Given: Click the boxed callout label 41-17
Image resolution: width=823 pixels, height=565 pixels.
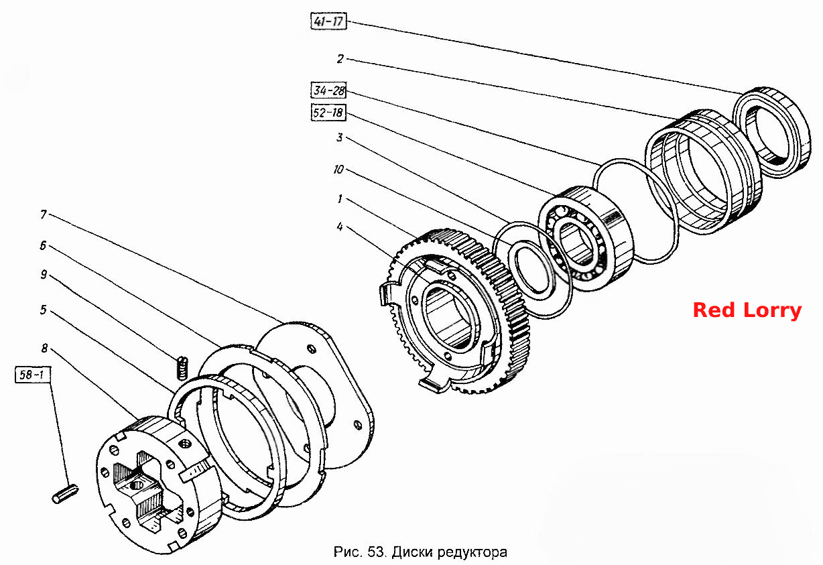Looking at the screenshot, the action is pos(328,21).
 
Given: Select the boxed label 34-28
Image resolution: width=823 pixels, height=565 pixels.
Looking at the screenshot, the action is pos(328,90).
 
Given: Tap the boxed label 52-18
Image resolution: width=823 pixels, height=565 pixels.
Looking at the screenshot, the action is pos(328,112).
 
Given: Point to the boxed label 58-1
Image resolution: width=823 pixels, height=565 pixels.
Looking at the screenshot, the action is pos(33,375).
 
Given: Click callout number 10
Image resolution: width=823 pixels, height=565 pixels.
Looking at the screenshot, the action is pos(338,170).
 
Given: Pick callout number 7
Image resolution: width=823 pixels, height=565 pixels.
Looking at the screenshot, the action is pos(44,214).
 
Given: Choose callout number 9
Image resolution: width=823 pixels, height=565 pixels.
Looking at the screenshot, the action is pos(44,274).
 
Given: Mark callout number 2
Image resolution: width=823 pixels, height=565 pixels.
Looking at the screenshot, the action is pos(340,59).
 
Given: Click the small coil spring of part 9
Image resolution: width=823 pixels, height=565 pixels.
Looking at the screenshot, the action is pos(182,367).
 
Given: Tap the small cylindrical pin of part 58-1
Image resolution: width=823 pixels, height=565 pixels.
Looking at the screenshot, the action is pos(65,493).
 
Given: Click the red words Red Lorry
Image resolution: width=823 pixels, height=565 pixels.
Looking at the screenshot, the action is pos(747,310).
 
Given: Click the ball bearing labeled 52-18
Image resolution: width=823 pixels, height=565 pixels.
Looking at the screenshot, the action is pos(586,238).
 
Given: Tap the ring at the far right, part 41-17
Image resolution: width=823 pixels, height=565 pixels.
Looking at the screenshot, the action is pos(771,132).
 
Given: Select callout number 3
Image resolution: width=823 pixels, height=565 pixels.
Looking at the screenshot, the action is pos(340,137).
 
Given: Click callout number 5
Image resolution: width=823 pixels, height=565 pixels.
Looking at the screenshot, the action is pos(44,310).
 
